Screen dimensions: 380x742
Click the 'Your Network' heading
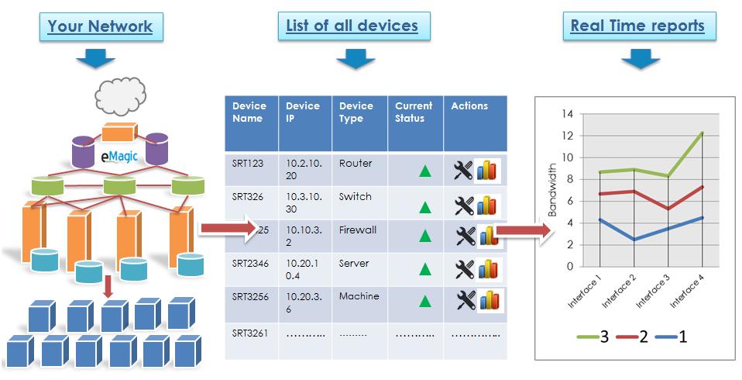[x=100, y=27]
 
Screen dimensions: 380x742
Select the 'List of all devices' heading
[x=353, y=26]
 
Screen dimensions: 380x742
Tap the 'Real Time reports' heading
[x=637, y=26]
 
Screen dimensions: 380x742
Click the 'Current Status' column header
[x=414, y=112]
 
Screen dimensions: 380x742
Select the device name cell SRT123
[x=248, y=164]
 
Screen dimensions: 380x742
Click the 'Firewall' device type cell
[x=358, y=230]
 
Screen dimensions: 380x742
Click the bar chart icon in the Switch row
[x=486, y=206]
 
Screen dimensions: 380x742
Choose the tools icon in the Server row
[x=463, y=270]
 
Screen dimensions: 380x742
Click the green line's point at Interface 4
[x=702, y=133]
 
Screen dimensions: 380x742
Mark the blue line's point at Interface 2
[x=634, y=240]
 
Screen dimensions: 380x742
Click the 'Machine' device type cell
[x=359, y=297]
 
